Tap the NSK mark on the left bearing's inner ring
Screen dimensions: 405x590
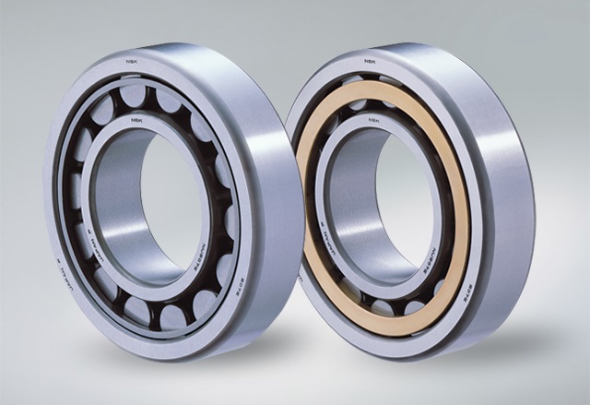[136, 119]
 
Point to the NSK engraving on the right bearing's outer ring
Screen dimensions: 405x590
[369, 62]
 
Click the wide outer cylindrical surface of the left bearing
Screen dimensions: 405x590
[267, 185]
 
